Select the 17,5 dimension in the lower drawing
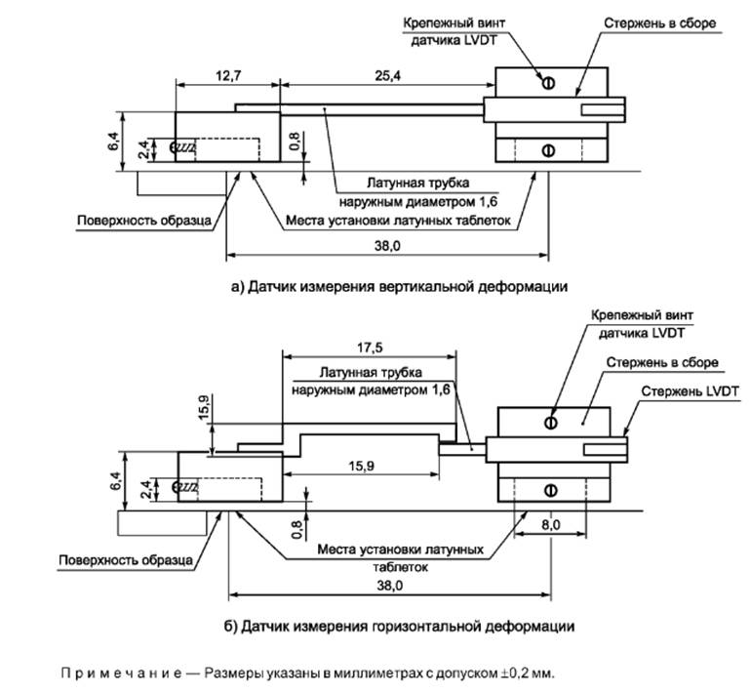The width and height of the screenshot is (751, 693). point(369,347)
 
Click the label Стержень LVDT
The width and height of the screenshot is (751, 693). point(690,390)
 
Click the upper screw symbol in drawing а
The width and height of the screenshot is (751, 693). point(548,84)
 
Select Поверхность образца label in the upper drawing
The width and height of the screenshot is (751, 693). point(144,221)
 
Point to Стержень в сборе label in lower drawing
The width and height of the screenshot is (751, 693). point(662,362)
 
